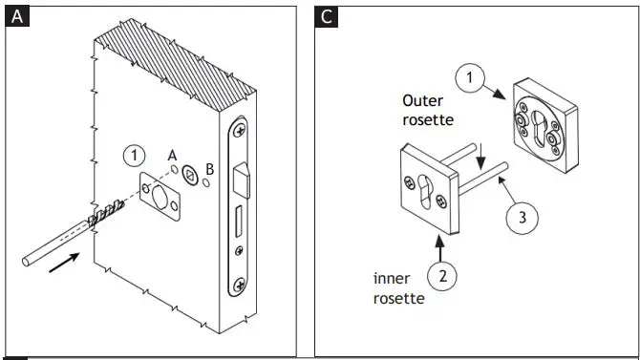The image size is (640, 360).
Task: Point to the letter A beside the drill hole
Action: click(172, 155)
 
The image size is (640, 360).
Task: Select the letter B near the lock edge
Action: click(210, 169)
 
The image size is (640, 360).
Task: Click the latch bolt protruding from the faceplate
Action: click(244, 179)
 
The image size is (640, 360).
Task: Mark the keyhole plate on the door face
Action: click(158, 190)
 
